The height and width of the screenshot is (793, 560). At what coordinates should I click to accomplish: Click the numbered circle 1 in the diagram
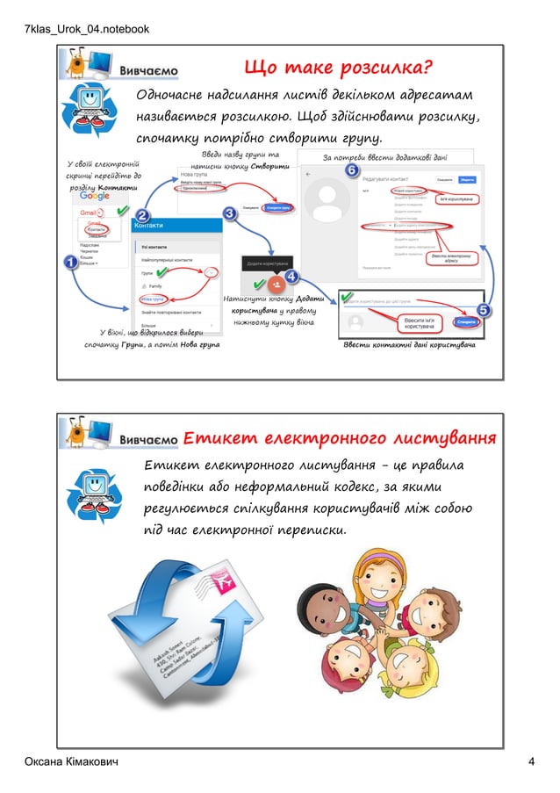68,263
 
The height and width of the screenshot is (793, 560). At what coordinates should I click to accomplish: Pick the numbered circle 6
352,169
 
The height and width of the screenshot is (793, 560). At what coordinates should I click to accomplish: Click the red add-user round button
276,285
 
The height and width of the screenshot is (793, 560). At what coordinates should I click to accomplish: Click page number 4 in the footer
531,761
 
